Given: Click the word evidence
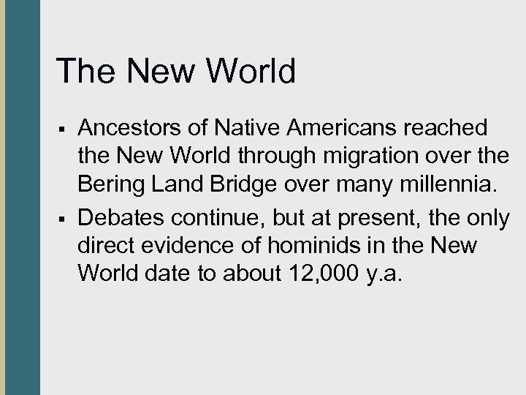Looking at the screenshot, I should pos(184,247).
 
